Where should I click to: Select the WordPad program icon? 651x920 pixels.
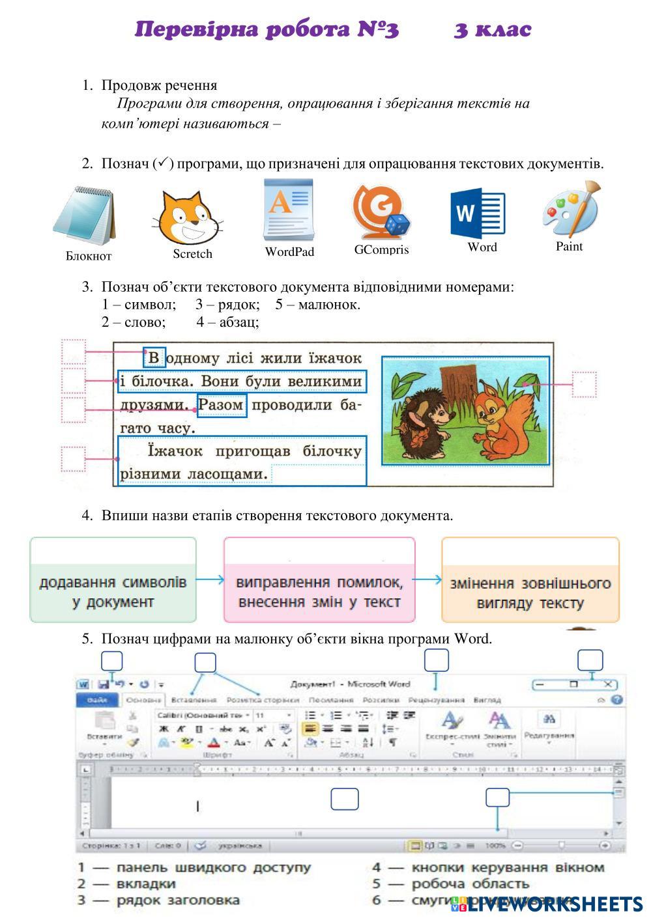pyautogui.click(x=288, y=210)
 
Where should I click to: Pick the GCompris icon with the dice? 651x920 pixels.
pyautogui.click(x=381, y=212)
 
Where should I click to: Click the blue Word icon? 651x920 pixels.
pyautogui.click(x=477, y=213)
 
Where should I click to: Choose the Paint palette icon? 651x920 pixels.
pyautogui.click(x=571, y=210)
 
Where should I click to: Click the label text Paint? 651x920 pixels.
pyautogui.click(x=569, y=246)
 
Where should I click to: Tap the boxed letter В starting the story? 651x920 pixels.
pyautogui.click(x=154, y=357)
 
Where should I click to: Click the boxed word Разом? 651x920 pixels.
pyautogui.click(x=222, y=405)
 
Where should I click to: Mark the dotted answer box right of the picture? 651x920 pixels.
pyautogui.click(x=584, y=384)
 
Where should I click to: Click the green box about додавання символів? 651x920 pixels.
pyautogui.click(x=113, y=579)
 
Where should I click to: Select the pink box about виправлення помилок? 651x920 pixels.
pyautogui.click(x=319, y=579)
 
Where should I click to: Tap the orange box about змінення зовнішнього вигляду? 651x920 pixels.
pyautogui.click(x=530, y=579)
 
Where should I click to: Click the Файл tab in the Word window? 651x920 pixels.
pyautogui.click(x=97, y=700)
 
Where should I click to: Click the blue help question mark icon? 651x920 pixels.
pyautogui.click(x=616, y=700)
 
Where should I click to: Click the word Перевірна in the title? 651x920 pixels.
pyautogui.click(x=196, y=30)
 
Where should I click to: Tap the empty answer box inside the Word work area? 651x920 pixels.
pyautogui.click(x=344, y=799)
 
